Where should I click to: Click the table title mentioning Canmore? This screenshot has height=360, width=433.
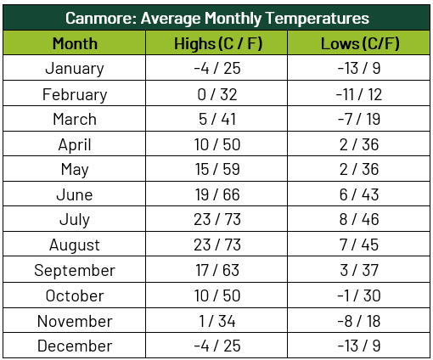216,17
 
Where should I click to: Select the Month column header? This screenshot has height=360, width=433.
75,43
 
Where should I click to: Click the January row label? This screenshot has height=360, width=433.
75,69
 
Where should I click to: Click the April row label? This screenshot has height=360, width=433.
75,144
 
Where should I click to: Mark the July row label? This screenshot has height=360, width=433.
75,220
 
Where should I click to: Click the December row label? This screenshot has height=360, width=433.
75,346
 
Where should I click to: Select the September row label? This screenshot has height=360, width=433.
75,270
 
